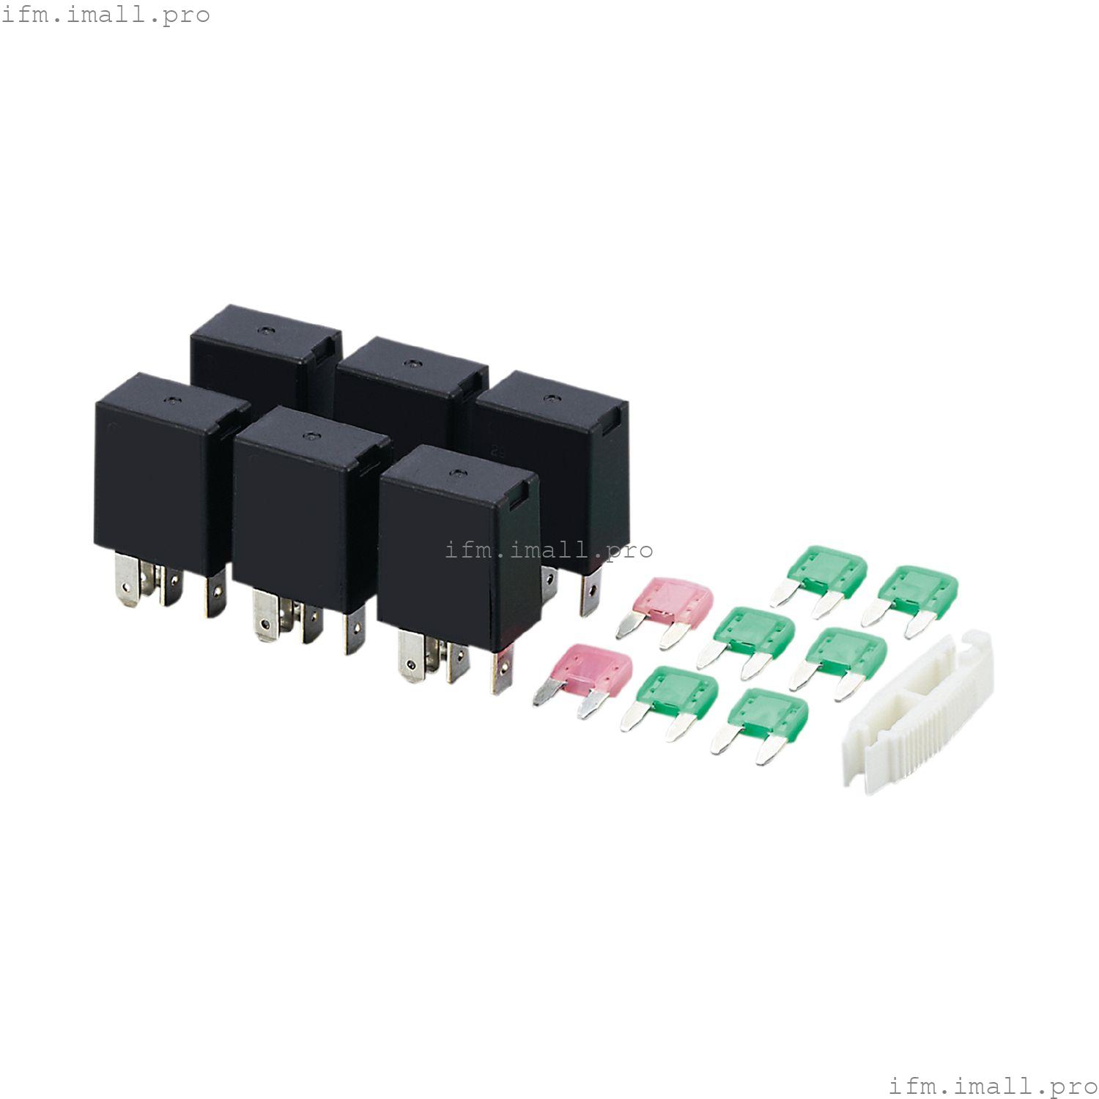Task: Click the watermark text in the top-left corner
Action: (106, 15)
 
